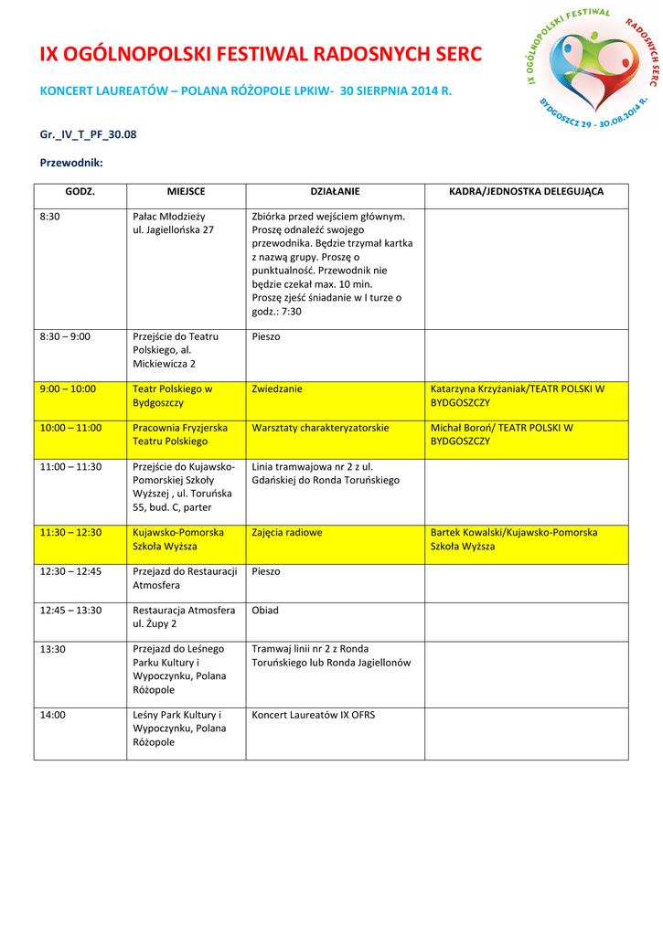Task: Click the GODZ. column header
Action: pos(80,192)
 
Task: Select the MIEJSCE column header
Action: pos(186,192)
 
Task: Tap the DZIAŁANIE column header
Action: pos(335,192)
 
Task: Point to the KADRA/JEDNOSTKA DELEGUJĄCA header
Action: pos(526,192)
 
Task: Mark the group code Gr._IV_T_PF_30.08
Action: pos(88,134)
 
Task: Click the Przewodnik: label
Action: pos(71,163)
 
